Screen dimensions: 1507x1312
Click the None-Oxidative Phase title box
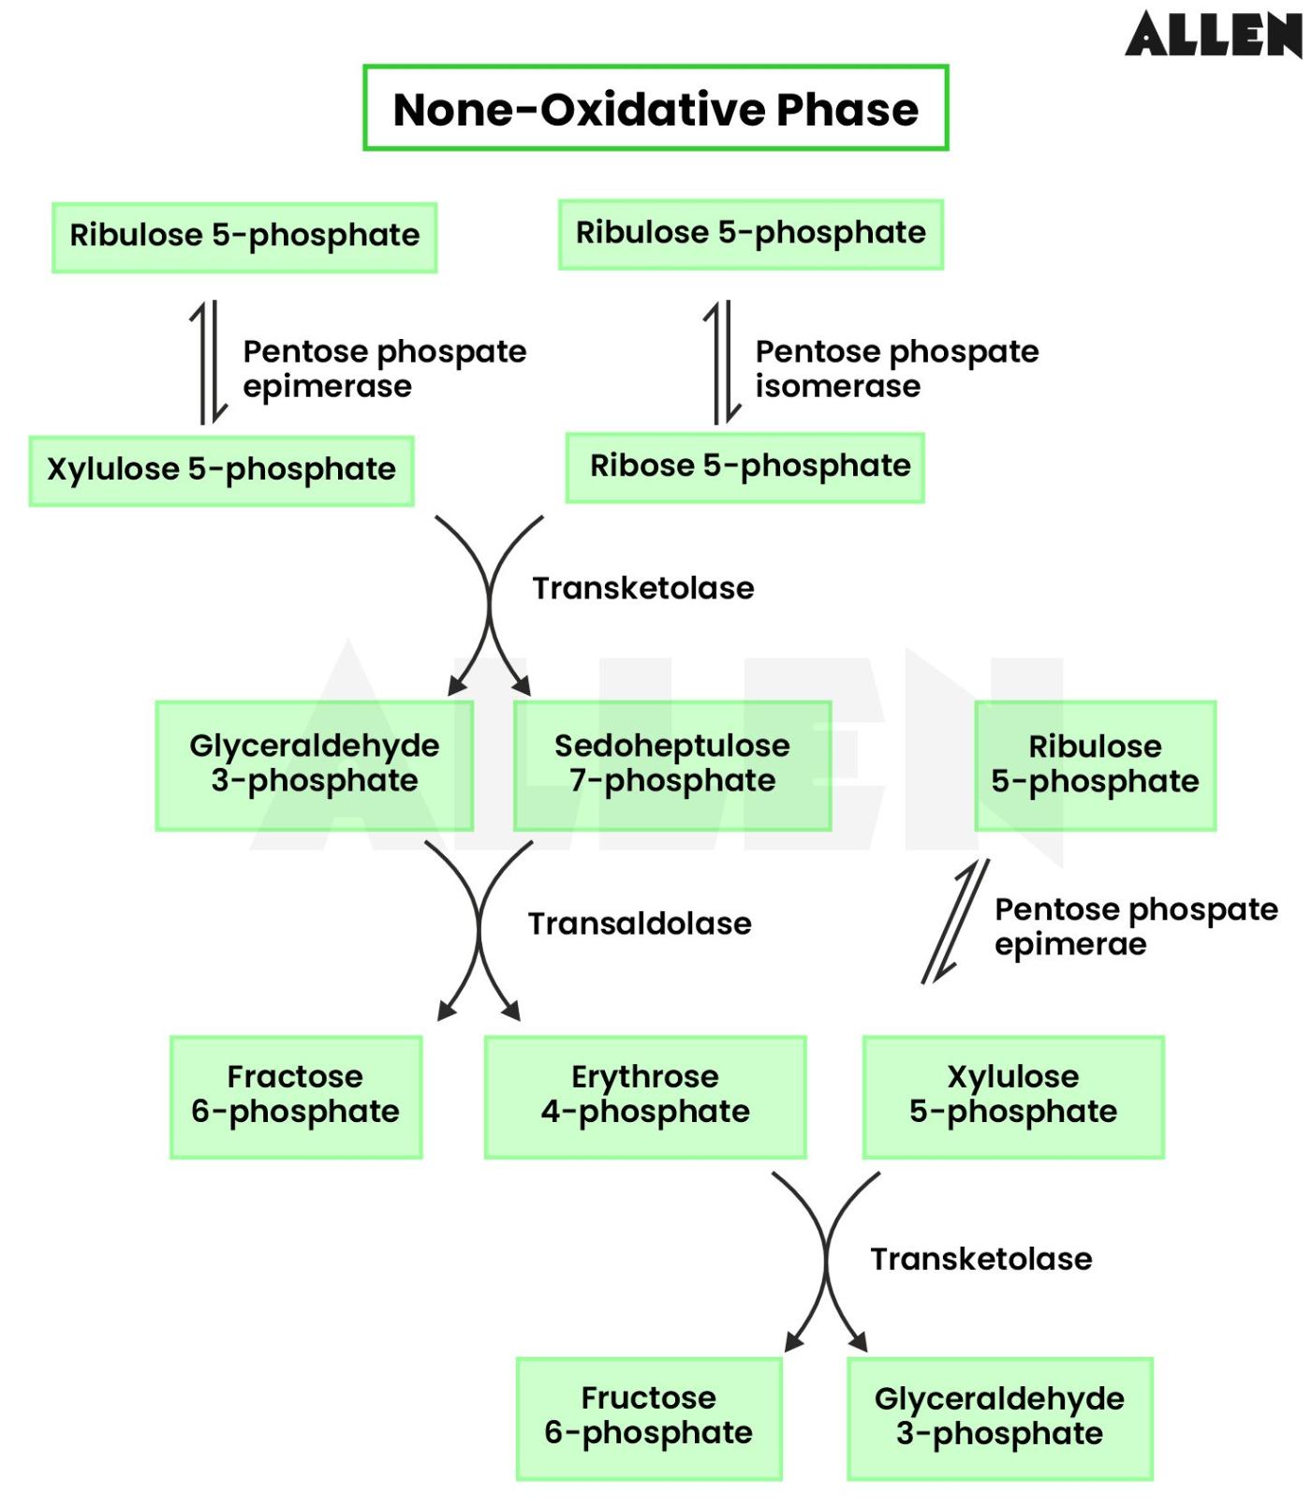[656, 109]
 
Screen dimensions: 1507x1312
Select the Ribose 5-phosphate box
[745, 466]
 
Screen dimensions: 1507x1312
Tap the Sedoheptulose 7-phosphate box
[671, 764]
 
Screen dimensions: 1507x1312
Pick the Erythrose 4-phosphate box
[645, 1095]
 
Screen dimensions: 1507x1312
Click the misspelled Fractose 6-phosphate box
[296, 1095]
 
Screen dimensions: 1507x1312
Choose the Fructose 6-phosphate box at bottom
[648, 1416]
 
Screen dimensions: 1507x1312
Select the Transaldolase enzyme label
[640, 923]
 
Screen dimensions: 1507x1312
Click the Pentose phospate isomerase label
[895, 368]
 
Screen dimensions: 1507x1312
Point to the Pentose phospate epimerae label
[1134, 925]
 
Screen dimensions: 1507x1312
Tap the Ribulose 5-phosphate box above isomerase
[750, 233]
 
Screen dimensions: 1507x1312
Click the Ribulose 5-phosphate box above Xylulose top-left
[244, 236]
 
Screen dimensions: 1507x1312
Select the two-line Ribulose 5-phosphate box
[1095, 764]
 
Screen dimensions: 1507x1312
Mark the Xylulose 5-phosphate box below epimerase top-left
[221, 469]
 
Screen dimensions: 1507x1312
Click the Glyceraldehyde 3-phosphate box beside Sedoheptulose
[314, 764]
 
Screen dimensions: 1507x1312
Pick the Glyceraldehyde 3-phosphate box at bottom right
[999, 1416]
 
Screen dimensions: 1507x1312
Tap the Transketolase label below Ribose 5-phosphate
[642, 588]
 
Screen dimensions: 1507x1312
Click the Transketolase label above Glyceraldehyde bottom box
[980, 1259]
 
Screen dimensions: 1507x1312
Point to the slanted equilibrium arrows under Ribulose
[955, 922]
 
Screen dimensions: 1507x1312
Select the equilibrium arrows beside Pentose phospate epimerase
[209, 362]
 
